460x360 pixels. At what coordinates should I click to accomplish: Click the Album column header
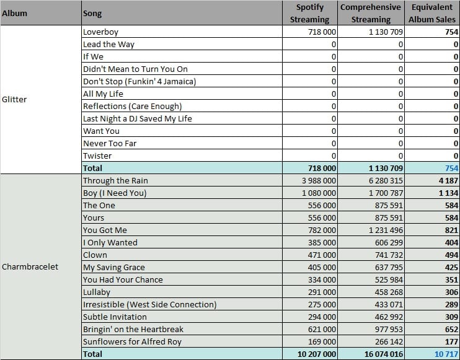(14, 13)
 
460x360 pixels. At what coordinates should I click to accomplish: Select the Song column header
(92, 14)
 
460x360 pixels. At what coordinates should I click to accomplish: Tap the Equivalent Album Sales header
(432, 13)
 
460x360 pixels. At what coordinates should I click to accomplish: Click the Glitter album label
(14, 99)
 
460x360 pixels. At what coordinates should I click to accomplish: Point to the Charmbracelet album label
(30, 267)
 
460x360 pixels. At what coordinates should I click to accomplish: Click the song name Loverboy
(100, 32)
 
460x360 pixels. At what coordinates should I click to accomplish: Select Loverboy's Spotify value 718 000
(322, 32)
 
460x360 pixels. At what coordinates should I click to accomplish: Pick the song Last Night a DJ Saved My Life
(137, 118)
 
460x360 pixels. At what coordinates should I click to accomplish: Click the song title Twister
(97, 156)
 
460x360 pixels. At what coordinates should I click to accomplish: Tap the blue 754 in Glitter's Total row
(451, 169)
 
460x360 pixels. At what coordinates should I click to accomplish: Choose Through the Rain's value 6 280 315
(386, 180)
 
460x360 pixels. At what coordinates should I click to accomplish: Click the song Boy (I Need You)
(115, 193)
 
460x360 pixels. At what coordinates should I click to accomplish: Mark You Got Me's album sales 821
(451, 230)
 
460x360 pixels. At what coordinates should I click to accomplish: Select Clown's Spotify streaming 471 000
(322, 255)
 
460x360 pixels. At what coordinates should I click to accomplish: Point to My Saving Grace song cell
(114, 267)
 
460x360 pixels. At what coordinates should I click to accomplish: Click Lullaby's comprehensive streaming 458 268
(389, 292)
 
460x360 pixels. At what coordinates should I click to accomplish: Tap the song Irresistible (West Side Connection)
(149, 305)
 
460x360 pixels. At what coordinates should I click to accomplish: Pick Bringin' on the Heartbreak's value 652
(451, 329)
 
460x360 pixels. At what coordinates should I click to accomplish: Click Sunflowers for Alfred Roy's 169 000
(322, 342)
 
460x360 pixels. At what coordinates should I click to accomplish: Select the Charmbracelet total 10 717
(446, 354)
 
